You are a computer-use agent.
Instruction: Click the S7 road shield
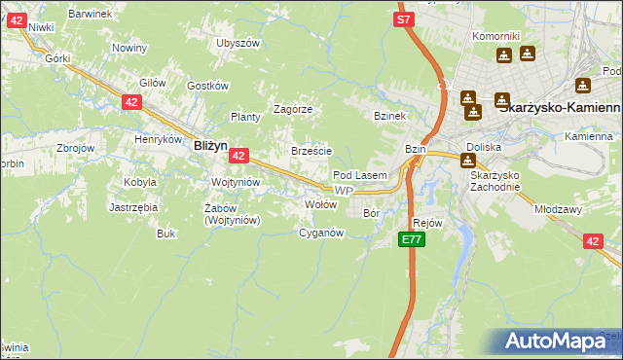click(x=404, y=18)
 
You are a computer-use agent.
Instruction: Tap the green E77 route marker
click(x=411, y=239)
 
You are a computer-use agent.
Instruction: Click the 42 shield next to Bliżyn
click(x=239, y=155)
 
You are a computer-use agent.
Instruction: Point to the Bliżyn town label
click(x=210, y=144)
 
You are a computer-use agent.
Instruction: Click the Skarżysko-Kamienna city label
click(x=559, y=109)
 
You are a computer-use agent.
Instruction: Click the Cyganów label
click(x=321, y=233)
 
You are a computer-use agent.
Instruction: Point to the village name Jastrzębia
click(x=133, y=207)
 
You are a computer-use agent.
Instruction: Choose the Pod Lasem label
click(x=360, y=175)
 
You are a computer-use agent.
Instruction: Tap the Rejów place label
click(x=428, y=223)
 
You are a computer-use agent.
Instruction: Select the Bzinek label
click(x=388, y=116)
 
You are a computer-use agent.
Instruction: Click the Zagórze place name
click(x=292, y=109)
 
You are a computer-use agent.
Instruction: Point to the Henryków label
click(x=159, y=139)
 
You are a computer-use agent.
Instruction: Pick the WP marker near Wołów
click(x=342, y=191)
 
